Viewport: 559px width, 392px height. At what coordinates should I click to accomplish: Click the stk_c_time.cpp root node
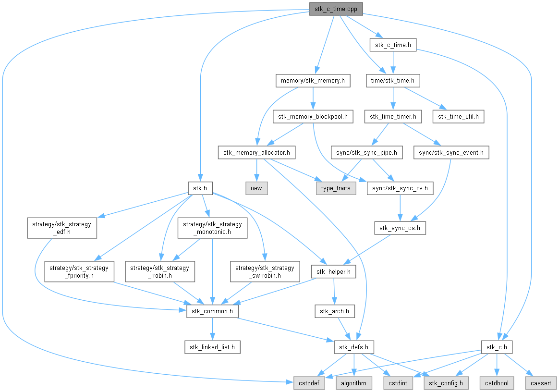[336, 9]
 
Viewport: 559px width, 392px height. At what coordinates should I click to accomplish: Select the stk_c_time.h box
[393, 45]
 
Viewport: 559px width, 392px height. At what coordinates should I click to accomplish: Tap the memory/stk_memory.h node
[313, 81]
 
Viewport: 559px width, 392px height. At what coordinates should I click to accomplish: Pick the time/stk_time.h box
[393, 81]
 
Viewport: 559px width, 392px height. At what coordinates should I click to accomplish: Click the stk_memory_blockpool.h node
[313, 117]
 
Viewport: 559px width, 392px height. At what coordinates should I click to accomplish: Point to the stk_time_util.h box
[459, 117]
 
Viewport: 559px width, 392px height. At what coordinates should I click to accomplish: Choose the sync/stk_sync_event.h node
[451, 153]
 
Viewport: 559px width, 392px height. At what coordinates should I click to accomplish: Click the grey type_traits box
[336, 188]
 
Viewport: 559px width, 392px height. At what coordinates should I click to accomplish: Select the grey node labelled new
[256, 188]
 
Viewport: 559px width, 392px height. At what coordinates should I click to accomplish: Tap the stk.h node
[200, 188]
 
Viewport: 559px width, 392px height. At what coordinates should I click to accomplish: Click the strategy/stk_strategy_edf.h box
[62, 228]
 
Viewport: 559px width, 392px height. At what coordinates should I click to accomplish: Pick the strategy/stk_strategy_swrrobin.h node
[265, 271]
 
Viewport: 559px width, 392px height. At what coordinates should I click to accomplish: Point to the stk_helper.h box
[333, 272]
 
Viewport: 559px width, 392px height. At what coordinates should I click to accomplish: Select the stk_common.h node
[212, 311]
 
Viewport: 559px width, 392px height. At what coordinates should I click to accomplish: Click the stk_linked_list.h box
[212, 347]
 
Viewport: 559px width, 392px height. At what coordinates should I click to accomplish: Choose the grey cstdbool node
[497, 383]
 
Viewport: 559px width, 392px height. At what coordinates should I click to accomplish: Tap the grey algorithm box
[353, 383]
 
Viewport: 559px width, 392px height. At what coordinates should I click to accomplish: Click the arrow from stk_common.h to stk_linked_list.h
[212, 329]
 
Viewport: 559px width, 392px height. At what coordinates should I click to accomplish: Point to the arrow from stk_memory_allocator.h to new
[256, 171]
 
